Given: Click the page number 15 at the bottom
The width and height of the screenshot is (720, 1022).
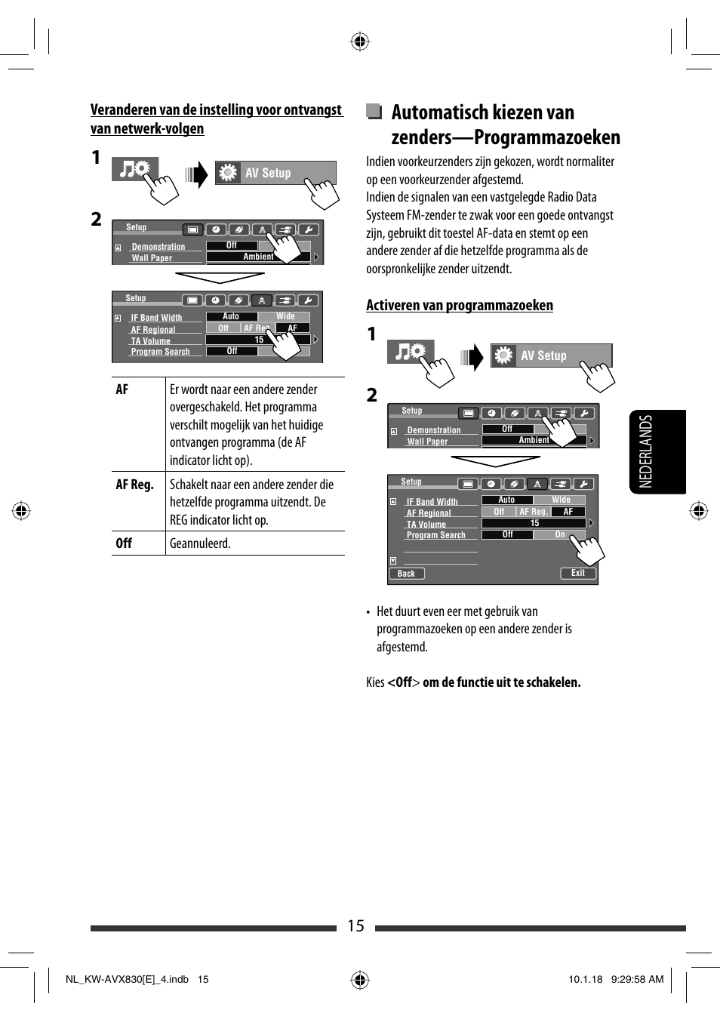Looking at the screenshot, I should coord(355,926).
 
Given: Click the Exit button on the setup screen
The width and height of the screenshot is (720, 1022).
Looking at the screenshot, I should coord(578,573).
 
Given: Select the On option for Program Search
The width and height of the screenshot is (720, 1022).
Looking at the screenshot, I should coord(559,534).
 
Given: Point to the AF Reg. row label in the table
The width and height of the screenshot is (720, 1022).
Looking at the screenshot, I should coord(134,485).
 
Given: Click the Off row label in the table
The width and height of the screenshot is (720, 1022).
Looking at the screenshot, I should coord(124,543).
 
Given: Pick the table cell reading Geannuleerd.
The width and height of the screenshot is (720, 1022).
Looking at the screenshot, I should coord(200,543).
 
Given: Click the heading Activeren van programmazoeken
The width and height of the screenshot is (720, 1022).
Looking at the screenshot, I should coord(459,305).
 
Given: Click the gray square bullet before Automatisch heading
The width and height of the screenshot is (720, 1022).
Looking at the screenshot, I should coord(374,112).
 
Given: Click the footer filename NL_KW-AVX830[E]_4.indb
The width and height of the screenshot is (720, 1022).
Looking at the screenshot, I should coord(127,980).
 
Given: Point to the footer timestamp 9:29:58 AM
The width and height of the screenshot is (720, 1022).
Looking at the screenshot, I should coord(637,980).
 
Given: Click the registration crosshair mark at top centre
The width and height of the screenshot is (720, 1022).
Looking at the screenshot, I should coord(360,41).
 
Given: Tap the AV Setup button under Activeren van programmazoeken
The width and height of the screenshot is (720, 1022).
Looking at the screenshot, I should coord(551,356).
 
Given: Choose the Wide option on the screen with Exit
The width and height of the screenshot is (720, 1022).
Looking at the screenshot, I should coord(561,500).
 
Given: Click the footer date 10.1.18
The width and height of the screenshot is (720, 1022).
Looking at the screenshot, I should coord(585,980).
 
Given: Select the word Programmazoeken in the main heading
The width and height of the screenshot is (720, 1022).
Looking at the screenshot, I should coord(546,137).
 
